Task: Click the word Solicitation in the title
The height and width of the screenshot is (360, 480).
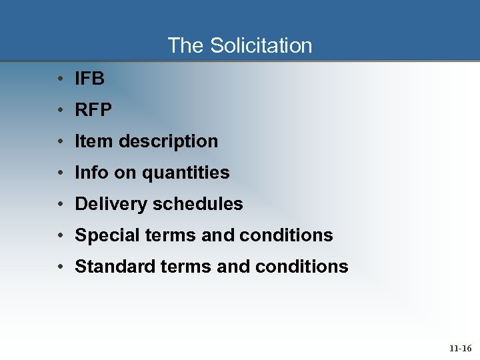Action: pyautogui.click(x=261, y=45)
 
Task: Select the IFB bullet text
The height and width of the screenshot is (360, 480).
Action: pyautogui.click(x=90, y=79)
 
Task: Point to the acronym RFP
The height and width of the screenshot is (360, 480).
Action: pyautogui.click(x=93, y=110)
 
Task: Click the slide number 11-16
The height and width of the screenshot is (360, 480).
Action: pyautogui.click(x=460, y=348)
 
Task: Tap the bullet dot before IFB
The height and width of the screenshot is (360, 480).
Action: pyautogui.click(x=60, y=79)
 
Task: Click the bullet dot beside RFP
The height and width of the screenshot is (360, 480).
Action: pyautogui.click(x=60, y=110)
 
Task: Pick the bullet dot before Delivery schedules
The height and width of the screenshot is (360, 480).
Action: pyautogui.click(x=60, y=204)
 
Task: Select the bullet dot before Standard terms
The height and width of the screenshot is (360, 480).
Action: pyautogui.click(x=60, y=267)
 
